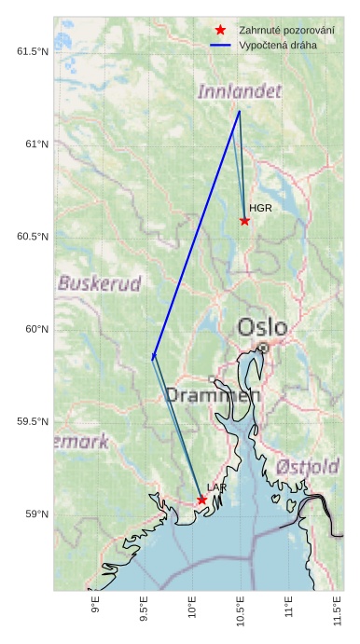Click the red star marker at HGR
click(x=244, y=221)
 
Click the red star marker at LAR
click(x=201, y=500)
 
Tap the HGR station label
click(x=260, y=208)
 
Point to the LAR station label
click(x=216, y=487)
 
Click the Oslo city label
click(x=262, y=327)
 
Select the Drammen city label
click(x=213, y=395)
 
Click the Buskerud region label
click(x=99, y=282)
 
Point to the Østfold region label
click(x=308, y=465)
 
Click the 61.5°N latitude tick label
click(x=32, y=51)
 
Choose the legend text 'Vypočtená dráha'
click(x=278, y=45)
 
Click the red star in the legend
click(x=220, y=30)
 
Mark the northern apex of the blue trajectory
click(x=240, y=111)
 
